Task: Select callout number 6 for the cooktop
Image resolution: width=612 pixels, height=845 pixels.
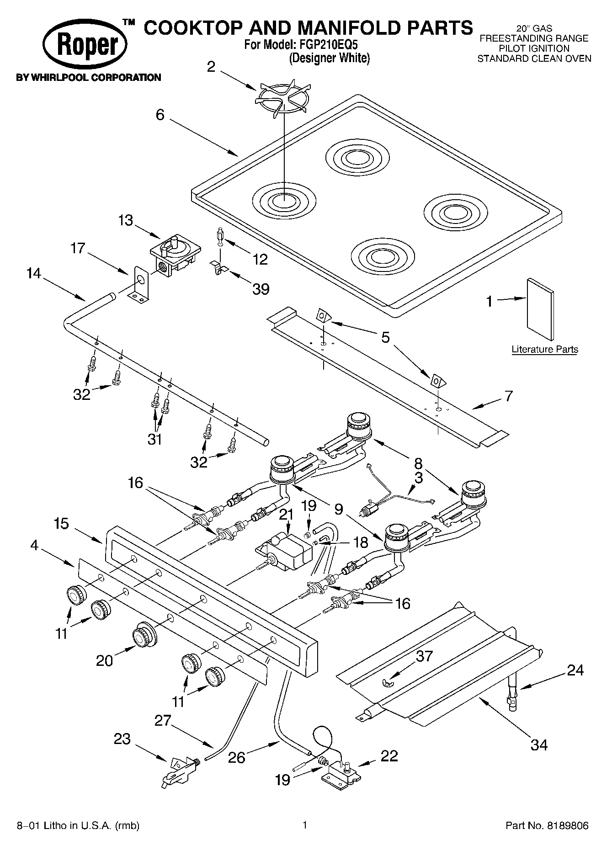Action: tap(160, 115)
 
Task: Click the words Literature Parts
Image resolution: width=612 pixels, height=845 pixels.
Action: tap(544, 350)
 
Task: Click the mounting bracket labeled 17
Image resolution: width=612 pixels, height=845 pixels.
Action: tap(140, 286)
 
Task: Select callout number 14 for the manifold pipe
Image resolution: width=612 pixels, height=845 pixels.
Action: tap(33, 274)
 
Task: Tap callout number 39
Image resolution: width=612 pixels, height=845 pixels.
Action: tap(261, 288)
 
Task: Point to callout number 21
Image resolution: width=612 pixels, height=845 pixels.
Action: tap(286, 515)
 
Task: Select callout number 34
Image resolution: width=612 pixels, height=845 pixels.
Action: tap(539, 745)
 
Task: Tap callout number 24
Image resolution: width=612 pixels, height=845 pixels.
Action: tap(575, 670)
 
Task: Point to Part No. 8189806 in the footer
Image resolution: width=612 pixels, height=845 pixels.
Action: tap(547, 825)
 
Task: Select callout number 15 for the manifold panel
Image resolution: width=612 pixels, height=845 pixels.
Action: tap(61, 523)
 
